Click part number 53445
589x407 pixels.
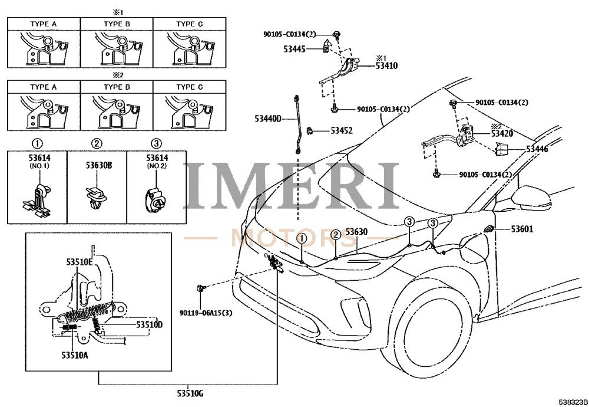294,49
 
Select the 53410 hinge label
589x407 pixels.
386,66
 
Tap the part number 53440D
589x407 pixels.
268,119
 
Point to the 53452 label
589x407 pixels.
342,130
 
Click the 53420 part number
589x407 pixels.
502,133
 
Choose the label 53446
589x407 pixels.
537,149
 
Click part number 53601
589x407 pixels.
522,229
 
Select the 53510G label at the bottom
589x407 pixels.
190,393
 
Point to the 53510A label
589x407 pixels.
75,355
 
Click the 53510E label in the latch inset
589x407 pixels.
80,262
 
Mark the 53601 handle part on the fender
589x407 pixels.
489,228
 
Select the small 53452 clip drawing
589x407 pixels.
310,130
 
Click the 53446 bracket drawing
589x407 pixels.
502,149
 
